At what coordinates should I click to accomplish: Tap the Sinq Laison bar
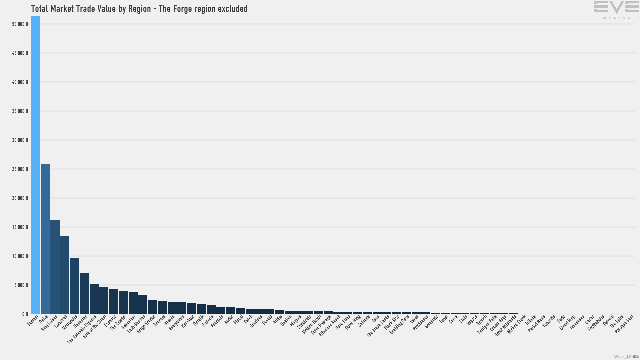point(55,267)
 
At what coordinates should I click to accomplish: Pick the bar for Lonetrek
point(65,275)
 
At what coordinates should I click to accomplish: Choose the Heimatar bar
point(84,293)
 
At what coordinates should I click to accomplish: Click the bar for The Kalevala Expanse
point(94,299)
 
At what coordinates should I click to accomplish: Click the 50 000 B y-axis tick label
point(20,24)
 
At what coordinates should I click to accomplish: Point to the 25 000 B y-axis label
point(20,169)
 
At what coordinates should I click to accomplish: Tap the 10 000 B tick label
point(20,256)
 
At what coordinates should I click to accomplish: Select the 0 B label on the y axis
point(25,314)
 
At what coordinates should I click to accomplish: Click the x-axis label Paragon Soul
point(624,324)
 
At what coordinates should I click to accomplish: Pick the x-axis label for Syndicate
point(304,322)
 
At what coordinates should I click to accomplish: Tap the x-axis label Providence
point(420,323)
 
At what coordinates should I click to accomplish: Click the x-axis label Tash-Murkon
point(136,324)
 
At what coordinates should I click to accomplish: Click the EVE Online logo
point(616,10)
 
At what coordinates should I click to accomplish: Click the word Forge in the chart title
point(180,9)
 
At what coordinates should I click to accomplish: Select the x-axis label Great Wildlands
point(505,326)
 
